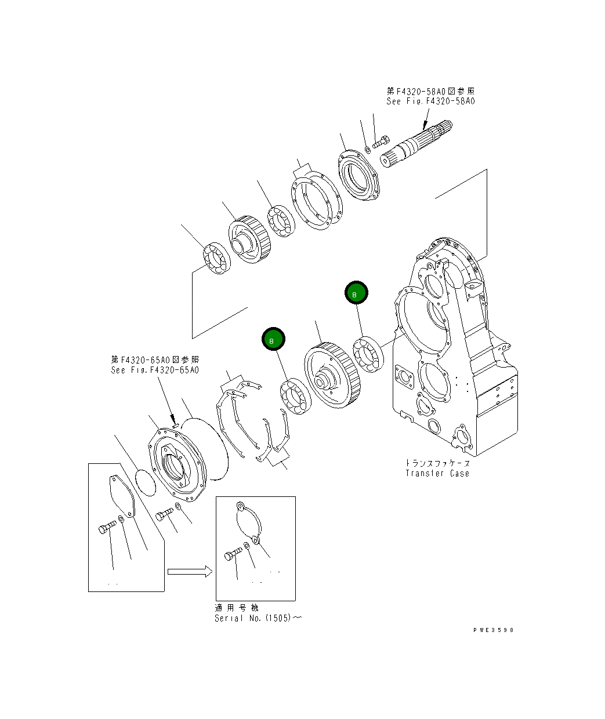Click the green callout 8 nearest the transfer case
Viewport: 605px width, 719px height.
356,293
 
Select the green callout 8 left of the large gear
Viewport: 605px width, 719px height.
273,340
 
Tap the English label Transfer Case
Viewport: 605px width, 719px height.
437,473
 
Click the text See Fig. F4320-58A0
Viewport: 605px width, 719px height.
430,101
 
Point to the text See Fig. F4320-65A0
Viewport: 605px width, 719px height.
155,370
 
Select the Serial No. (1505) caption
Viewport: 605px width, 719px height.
258,618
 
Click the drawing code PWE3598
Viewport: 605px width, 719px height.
493,630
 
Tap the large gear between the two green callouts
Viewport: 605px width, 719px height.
332,375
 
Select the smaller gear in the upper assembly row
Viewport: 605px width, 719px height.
249,239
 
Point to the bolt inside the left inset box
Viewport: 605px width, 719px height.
107,527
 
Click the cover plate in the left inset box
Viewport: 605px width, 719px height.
122,496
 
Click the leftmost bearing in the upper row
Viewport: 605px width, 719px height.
217,258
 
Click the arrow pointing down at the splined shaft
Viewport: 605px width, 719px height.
425,120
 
